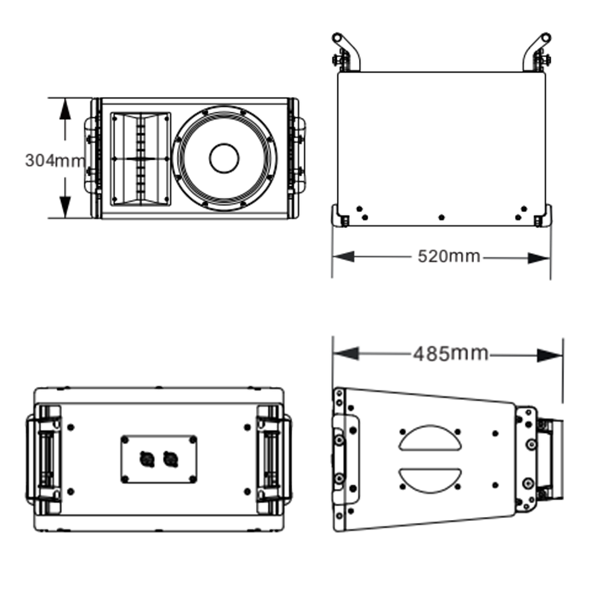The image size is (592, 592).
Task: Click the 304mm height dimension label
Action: (x=55, y=161)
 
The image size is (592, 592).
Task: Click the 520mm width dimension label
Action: (x=449, y=257)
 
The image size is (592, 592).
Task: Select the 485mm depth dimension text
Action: (x=450, y=354)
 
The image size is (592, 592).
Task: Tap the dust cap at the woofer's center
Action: (x=224, y=158)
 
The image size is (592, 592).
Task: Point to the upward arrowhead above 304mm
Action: (x=65, y=110)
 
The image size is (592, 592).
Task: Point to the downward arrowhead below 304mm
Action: (x=65, y=207)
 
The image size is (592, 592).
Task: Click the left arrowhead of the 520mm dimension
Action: (x=343, y=257)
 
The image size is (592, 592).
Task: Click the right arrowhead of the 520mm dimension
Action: (x=539, y=258)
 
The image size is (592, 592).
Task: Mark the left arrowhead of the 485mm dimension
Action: (x=346, y=354)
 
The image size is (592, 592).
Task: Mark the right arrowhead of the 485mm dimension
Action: (x=549, y=355)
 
